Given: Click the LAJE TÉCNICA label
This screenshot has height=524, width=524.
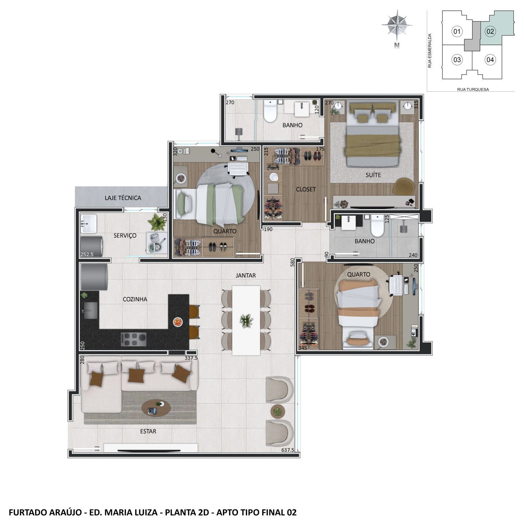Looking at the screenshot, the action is [x=123, y=198].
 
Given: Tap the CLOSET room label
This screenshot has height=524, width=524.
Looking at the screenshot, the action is [x=306, y=189].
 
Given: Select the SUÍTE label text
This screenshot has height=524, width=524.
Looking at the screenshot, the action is [x=373, y=175].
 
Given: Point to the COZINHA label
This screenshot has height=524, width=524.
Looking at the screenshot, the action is [x=135, y=299].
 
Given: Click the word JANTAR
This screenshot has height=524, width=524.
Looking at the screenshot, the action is [x=246, y=275].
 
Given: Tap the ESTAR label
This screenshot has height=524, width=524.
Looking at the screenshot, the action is [x=148, y=431].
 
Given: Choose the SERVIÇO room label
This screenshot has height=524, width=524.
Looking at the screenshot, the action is [x=125, y=236].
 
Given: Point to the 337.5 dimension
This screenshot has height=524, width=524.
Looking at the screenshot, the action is [x=191, y=358].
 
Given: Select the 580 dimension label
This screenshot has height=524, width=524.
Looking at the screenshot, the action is [x=293, y=262].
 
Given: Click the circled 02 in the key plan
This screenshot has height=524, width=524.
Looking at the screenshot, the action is [x=490, y=32].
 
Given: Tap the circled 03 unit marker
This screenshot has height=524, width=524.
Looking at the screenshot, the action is [x=457, y=60].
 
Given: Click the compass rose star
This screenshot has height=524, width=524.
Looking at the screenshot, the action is [x=397, y=25].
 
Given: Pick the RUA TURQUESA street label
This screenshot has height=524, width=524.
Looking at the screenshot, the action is [x=473, y=90].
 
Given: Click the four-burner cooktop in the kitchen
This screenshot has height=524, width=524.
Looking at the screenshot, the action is [x=134, y=340].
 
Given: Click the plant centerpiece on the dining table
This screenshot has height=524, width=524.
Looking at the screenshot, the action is [x=246, y=321].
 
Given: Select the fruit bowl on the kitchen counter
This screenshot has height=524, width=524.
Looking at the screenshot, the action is [x=178, y=322].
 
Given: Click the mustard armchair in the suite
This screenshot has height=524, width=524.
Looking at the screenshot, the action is [x=404, y=187].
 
